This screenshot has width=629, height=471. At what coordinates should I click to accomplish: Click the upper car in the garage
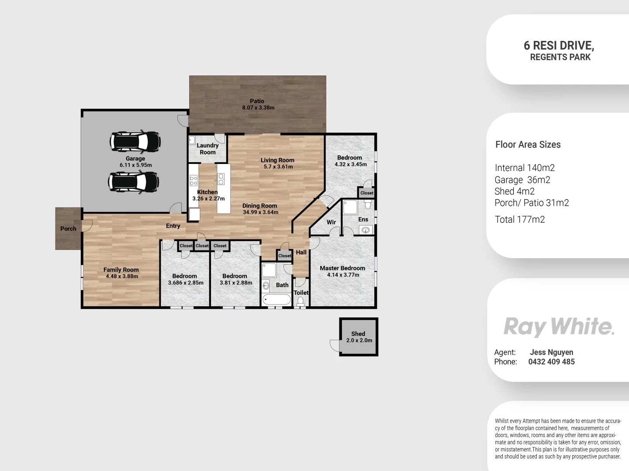[x=135, y=141]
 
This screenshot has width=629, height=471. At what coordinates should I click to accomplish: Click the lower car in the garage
[x=133, y=182]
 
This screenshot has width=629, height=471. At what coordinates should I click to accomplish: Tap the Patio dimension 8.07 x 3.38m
[x=258, y=108]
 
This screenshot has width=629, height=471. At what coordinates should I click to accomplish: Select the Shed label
[x=358, y=334]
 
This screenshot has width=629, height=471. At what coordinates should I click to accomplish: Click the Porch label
[x=68, y=229]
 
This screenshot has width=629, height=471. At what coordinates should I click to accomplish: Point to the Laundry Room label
[x=207, y=149]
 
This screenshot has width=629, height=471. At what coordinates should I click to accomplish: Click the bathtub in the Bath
[x=276, y=300]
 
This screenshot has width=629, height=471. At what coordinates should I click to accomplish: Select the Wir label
[x=331, y=222]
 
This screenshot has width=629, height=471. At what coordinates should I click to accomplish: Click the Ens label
[x=363, y=219]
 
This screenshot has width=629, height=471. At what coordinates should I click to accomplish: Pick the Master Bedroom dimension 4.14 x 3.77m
[x=343, y=275]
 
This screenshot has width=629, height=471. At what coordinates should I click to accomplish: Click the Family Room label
[x=121, y=270]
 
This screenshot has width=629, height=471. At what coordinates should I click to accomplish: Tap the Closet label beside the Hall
[x=284, y=256]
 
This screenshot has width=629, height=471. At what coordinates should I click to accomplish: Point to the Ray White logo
[x=559, y=327]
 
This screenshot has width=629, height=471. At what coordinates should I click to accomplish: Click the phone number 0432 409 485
[x=551, y=362]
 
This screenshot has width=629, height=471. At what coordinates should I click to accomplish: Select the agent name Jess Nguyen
[x=551, y=352]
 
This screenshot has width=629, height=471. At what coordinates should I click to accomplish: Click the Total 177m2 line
[x=519, y=219]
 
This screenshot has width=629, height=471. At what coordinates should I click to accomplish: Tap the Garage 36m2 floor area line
[x=522, y=180]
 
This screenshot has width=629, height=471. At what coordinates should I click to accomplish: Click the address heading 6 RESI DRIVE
[x=559, y=45]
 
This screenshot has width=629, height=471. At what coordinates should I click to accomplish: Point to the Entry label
[x=173, y=226]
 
